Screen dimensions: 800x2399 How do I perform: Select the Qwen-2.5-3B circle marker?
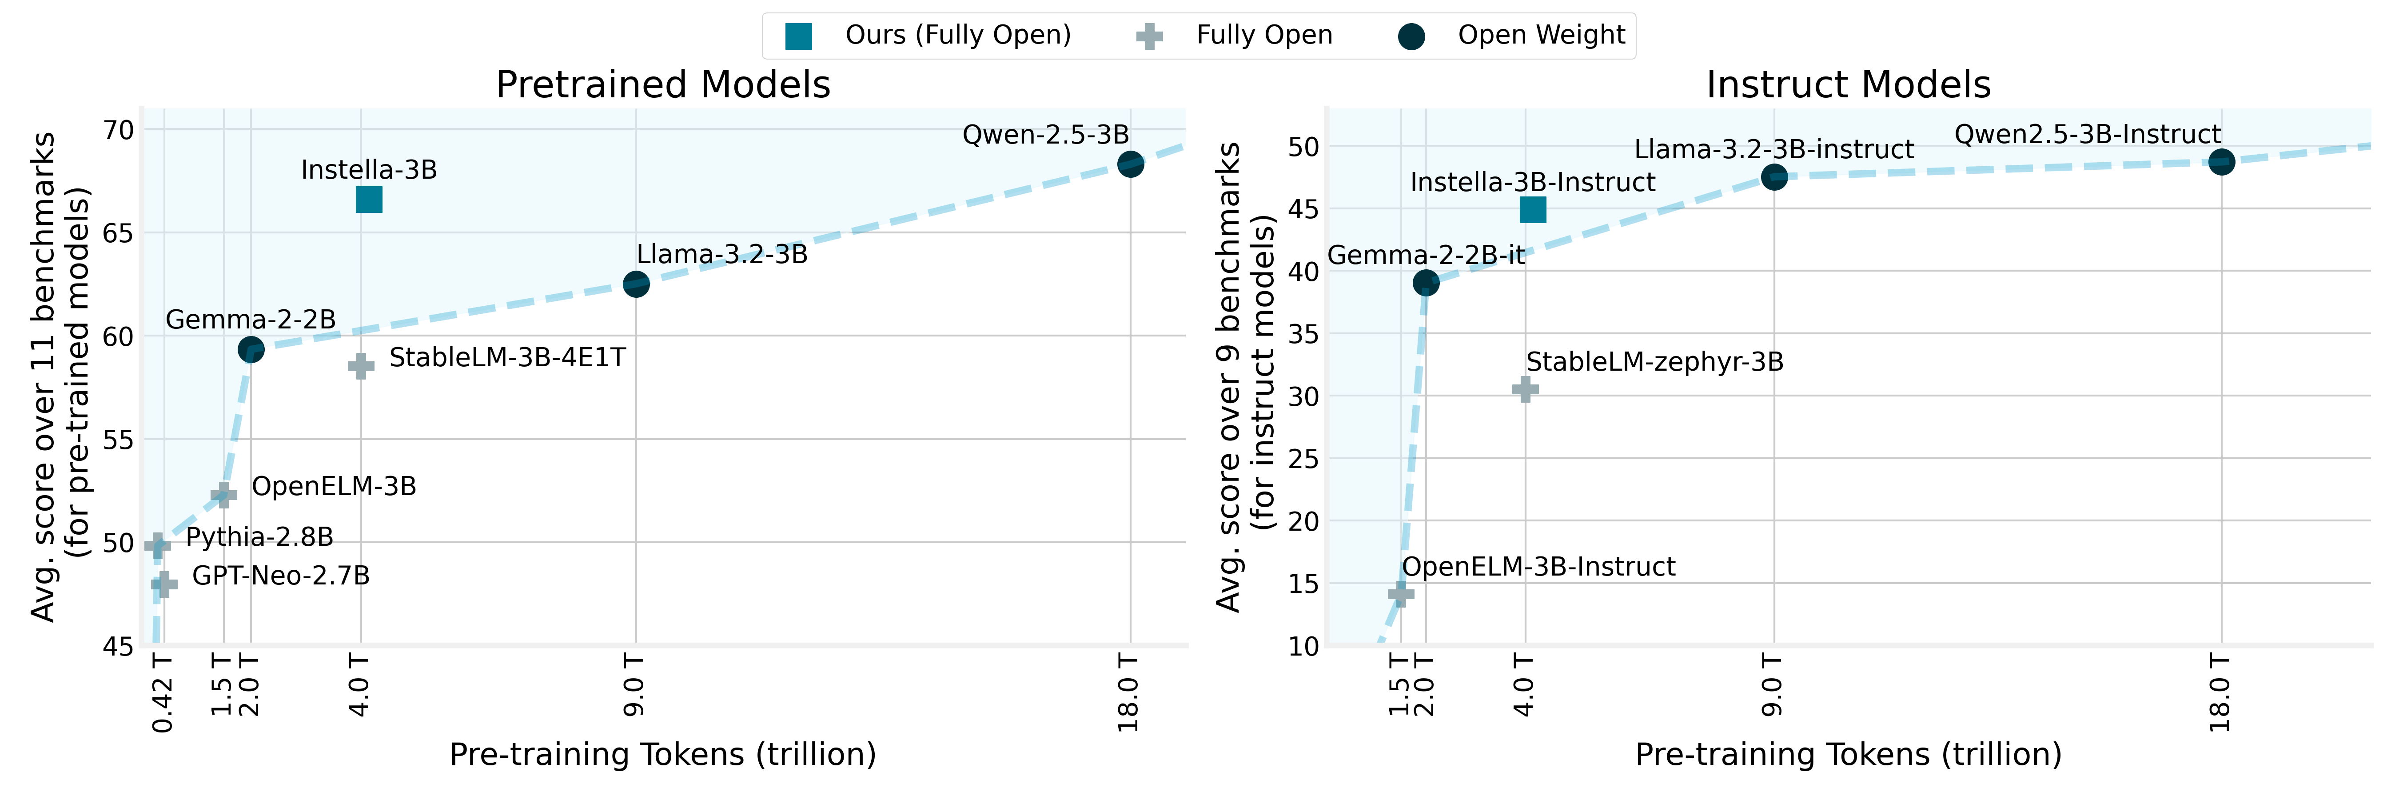(1130, 164)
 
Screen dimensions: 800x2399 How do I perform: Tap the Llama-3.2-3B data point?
(636, 284)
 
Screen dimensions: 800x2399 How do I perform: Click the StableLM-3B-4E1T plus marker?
(361, 366)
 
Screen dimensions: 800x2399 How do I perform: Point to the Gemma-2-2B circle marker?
(251, 349)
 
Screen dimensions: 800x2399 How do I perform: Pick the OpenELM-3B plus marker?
(223, 495)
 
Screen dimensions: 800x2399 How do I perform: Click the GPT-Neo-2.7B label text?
(280, 576)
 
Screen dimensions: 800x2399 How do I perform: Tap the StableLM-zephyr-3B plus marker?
(1525, 389)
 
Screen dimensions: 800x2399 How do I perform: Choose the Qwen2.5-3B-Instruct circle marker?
(2221, 162)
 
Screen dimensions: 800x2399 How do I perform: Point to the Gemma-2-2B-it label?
(1426, 255)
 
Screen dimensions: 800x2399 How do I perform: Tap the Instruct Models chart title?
(1848, 85)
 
